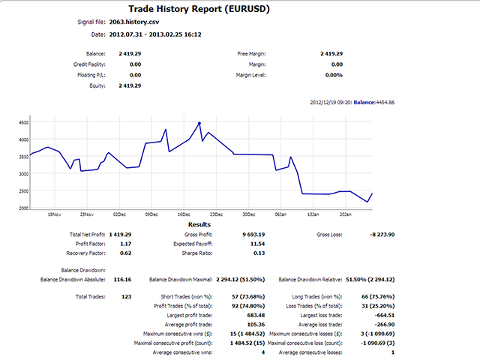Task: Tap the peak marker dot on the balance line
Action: click(199, 123)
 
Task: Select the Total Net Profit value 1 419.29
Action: click(120, 235)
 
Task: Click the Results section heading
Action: click(199, 224)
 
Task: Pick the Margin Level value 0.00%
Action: click(332, 75)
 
